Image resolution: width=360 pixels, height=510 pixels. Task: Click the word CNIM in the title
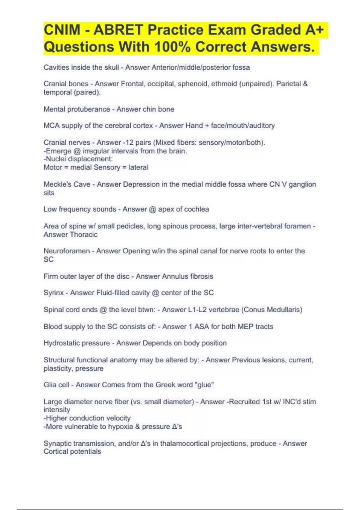tap(62, 30)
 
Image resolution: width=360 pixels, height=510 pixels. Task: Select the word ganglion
tap(302, 184)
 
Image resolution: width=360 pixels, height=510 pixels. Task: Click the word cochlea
tap(196, 209)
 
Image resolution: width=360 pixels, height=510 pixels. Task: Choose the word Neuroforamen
tap(67, 251)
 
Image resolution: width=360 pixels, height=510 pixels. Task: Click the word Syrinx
tap(53, 293)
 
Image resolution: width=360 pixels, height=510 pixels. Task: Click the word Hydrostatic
tap(61, 343)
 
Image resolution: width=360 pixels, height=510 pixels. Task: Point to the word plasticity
tap(57, 368)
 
